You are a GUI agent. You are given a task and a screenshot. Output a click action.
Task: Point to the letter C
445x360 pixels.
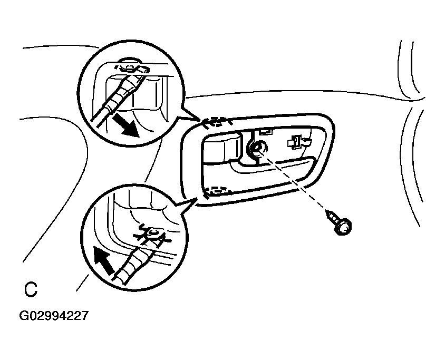click(31, 289)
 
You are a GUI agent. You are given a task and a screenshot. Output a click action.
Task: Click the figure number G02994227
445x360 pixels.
click(53, 316)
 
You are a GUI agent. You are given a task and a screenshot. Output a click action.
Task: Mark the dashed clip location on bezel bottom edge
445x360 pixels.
click(216, 191)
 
